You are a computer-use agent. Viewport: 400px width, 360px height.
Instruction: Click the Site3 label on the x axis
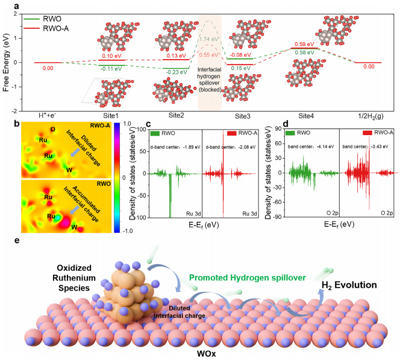coord(241,113)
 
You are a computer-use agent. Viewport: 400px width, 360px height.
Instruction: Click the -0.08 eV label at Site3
coord(240,54)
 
